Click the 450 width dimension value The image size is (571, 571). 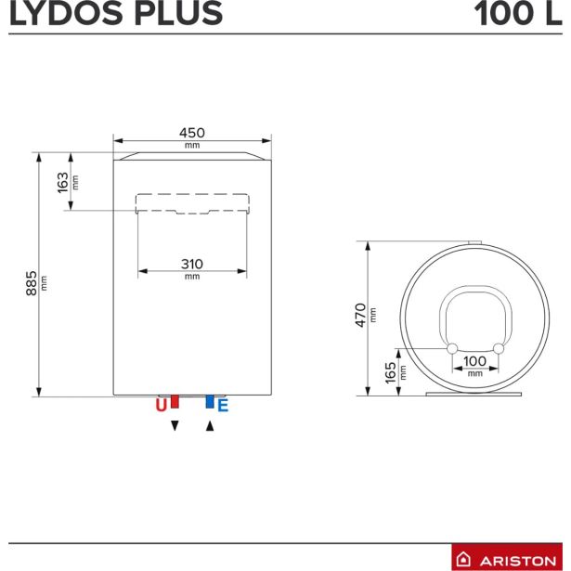tap(192, 133)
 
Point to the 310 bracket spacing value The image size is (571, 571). tap(192, 263)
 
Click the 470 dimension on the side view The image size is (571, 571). tap(361, 315)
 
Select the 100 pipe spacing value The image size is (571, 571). tap(474, 360)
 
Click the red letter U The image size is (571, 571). tap(161, 405)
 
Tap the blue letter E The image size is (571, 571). tap(223, 405)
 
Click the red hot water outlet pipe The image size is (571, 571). tap(174, 401)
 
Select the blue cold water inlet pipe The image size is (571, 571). tap(210, 401)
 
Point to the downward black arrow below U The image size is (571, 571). tap(174, 425)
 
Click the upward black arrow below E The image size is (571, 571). tap(210, 425)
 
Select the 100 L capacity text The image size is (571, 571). tap(517, 14)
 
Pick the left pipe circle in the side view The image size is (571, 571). tap(452, 348)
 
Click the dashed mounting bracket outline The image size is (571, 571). tap(192, 202)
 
